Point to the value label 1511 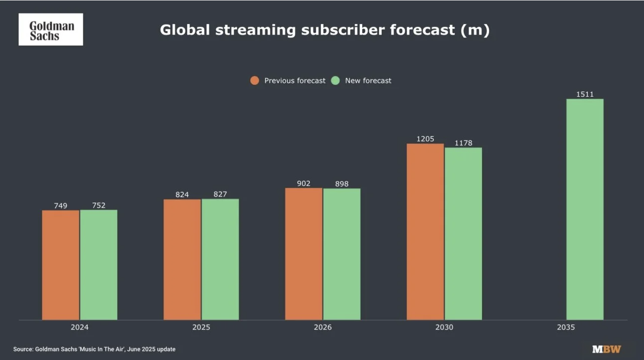coord(585,94)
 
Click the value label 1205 coord(425,139)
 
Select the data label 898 coord(342,184)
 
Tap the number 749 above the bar coord(61,206)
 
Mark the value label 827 coord(220,194)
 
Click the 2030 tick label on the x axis coord(444,327)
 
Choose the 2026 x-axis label coord(323,327)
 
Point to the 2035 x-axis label coord(566,327)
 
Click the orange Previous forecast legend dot coord(255,81)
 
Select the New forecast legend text coord(368,81)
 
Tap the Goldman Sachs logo coord(51,30)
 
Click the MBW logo coord(606,349)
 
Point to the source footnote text coord(94,349)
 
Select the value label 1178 coord(463,143)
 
